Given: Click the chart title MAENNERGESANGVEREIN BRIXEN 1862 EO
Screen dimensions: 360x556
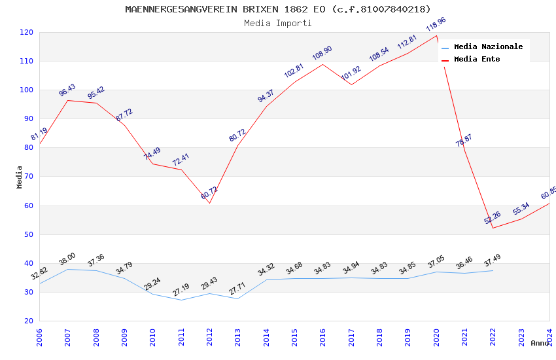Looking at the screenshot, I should [x=278, y=9].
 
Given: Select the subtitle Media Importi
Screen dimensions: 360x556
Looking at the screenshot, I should [x=278, y=24].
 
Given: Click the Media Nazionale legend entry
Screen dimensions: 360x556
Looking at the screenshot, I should [x=488, y=47].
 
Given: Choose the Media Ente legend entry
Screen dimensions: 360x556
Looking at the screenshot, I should [x=477, y=60].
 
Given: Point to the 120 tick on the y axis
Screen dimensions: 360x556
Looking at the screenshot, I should [x=27, y=32].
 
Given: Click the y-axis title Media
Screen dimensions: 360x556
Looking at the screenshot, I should [x=20, y=177].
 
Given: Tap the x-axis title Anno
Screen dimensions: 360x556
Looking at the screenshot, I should [x=540, y=343].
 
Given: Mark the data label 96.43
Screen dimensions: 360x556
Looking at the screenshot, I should [x=67, y=90].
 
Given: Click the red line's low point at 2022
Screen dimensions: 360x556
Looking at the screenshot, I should [x=493, y=228].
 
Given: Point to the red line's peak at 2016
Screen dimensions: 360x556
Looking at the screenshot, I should [x=323, y=63].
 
